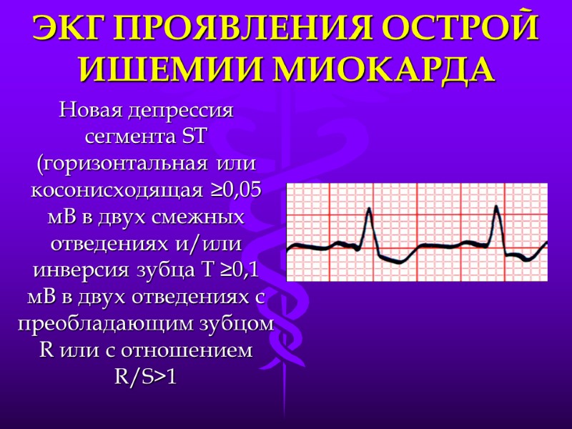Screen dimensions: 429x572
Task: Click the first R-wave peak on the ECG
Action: tap(369, 209)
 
